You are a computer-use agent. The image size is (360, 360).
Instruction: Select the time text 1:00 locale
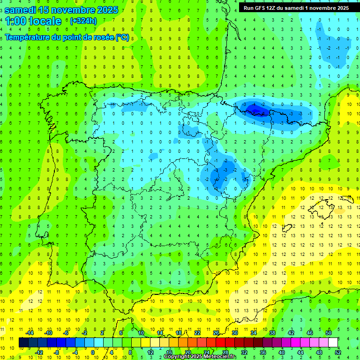(x=33, y=21)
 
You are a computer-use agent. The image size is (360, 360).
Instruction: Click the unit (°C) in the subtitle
(x=122, y=37)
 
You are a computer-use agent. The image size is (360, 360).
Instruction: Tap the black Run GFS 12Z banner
(x=296, y=7)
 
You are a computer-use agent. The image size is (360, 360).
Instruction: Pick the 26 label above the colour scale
(x=216, y=332)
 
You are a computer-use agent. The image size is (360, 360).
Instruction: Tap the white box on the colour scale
(x=333, y=342)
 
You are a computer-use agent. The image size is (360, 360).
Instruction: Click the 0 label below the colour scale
(x=93, y=352)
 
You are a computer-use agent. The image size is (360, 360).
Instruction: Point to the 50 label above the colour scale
(x=329, y=332)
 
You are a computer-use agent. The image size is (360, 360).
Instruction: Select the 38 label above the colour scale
(x=272, y=332)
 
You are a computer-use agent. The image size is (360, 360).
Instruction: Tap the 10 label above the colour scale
(x=141, y=332)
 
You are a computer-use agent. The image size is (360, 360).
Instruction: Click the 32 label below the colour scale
(x=244, y=352)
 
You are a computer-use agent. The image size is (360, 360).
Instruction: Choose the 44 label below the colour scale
(x=300, y=352)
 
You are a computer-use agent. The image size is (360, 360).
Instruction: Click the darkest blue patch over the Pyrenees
(x=255, y=110)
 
